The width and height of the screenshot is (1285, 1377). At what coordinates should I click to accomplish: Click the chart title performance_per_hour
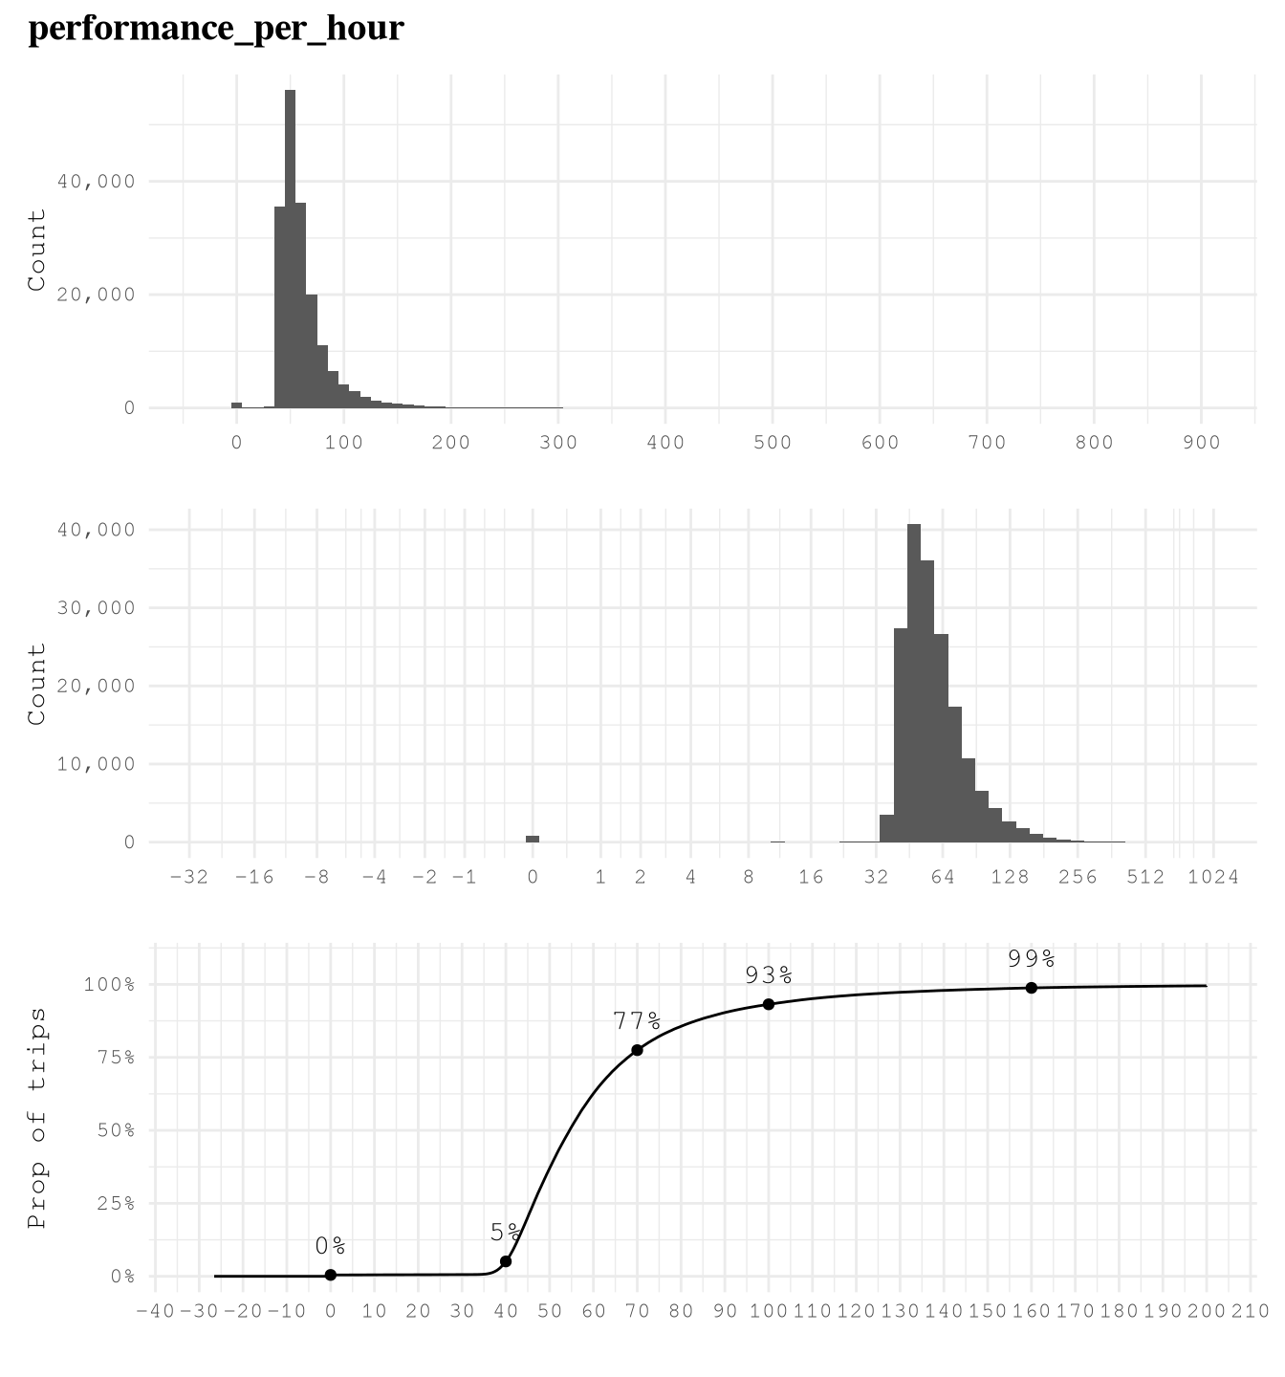pos(216,29)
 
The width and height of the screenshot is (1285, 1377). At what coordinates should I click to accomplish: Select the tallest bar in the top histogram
pos(290,249)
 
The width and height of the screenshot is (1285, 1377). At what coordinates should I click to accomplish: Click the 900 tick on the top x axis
pos(1201,443)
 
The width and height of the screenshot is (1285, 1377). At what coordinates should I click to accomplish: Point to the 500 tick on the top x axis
pos(773,443)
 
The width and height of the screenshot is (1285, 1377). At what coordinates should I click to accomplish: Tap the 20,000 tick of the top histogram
pos(96,295)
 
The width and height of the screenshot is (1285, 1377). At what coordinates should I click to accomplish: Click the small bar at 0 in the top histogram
pos(236,405)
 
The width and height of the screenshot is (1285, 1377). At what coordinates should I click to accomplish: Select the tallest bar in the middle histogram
pos(914,683)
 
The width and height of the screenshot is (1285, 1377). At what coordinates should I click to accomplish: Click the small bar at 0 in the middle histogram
pos(533,839)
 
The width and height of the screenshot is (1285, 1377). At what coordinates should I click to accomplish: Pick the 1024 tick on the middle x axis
pos(1213,877)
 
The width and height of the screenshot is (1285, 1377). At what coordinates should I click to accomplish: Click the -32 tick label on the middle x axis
pos(189,877)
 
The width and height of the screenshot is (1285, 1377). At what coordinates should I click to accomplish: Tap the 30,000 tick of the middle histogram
pos(96,608)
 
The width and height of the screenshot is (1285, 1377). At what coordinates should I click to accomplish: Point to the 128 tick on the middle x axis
pos(1010,877)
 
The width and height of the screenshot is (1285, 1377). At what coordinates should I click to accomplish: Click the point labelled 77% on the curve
pos(637,1050)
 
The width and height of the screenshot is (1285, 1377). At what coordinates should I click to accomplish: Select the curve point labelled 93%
pos(769,1004)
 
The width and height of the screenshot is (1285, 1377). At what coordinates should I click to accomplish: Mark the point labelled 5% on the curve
pos(506,1261)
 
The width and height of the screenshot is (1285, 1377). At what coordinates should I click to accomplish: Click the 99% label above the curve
pos(1031,958)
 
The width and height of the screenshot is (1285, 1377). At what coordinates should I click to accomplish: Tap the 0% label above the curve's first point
pos(330,1246)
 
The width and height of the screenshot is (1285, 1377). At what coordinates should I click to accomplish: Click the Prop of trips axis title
pos(37,1117)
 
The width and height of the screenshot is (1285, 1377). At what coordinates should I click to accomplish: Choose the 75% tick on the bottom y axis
pos(115,1058)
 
